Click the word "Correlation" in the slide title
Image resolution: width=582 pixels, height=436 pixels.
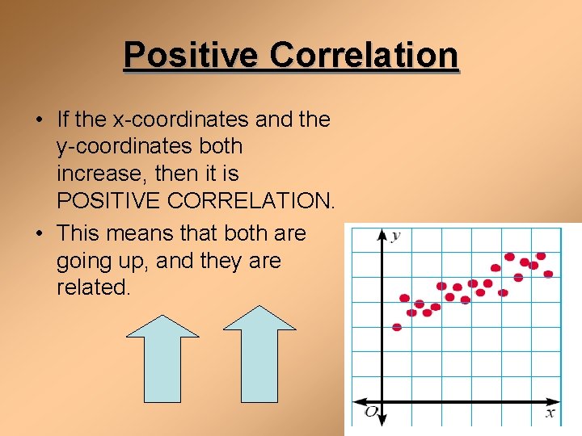pos(364,56)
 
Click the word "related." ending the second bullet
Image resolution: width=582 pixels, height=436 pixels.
pos(93,288)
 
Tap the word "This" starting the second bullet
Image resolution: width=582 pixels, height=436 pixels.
pos(79,234)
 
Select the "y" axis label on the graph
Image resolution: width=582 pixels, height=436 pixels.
pos(395,236)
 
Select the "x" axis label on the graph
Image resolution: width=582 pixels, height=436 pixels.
pos(550,413)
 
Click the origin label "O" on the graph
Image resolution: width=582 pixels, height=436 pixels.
pos(370,413)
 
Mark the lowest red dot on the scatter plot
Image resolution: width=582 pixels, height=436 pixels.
pos(397,327)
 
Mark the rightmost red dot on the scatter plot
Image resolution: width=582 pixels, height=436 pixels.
pos(548,275)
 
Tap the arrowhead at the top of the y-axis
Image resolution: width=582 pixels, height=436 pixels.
pos(382,234)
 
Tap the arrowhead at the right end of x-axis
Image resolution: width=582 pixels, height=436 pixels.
pos(555,402)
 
